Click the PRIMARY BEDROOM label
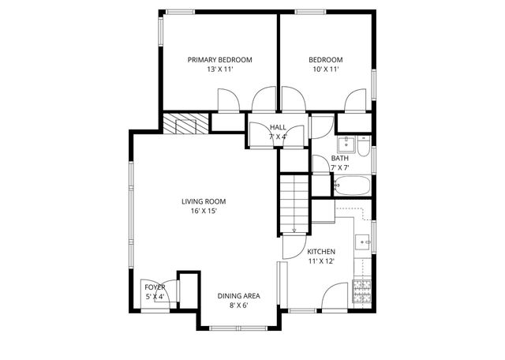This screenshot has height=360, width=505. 219,60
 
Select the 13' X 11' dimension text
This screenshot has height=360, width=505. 219,69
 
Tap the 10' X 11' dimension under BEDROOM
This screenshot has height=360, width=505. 324,69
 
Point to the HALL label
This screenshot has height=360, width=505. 278,127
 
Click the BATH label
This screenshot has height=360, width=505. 339,158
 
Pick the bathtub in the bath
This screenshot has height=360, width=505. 352,187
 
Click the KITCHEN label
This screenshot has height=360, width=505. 321,252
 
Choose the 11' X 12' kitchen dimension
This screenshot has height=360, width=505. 321,261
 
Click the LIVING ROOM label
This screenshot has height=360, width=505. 198,201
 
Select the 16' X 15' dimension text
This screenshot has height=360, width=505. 198,211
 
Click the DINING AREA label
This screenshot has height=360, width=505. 238,296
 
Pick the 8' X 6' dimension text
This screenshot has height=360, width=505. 238,306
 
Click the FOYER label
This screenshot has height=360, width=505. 155,287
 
